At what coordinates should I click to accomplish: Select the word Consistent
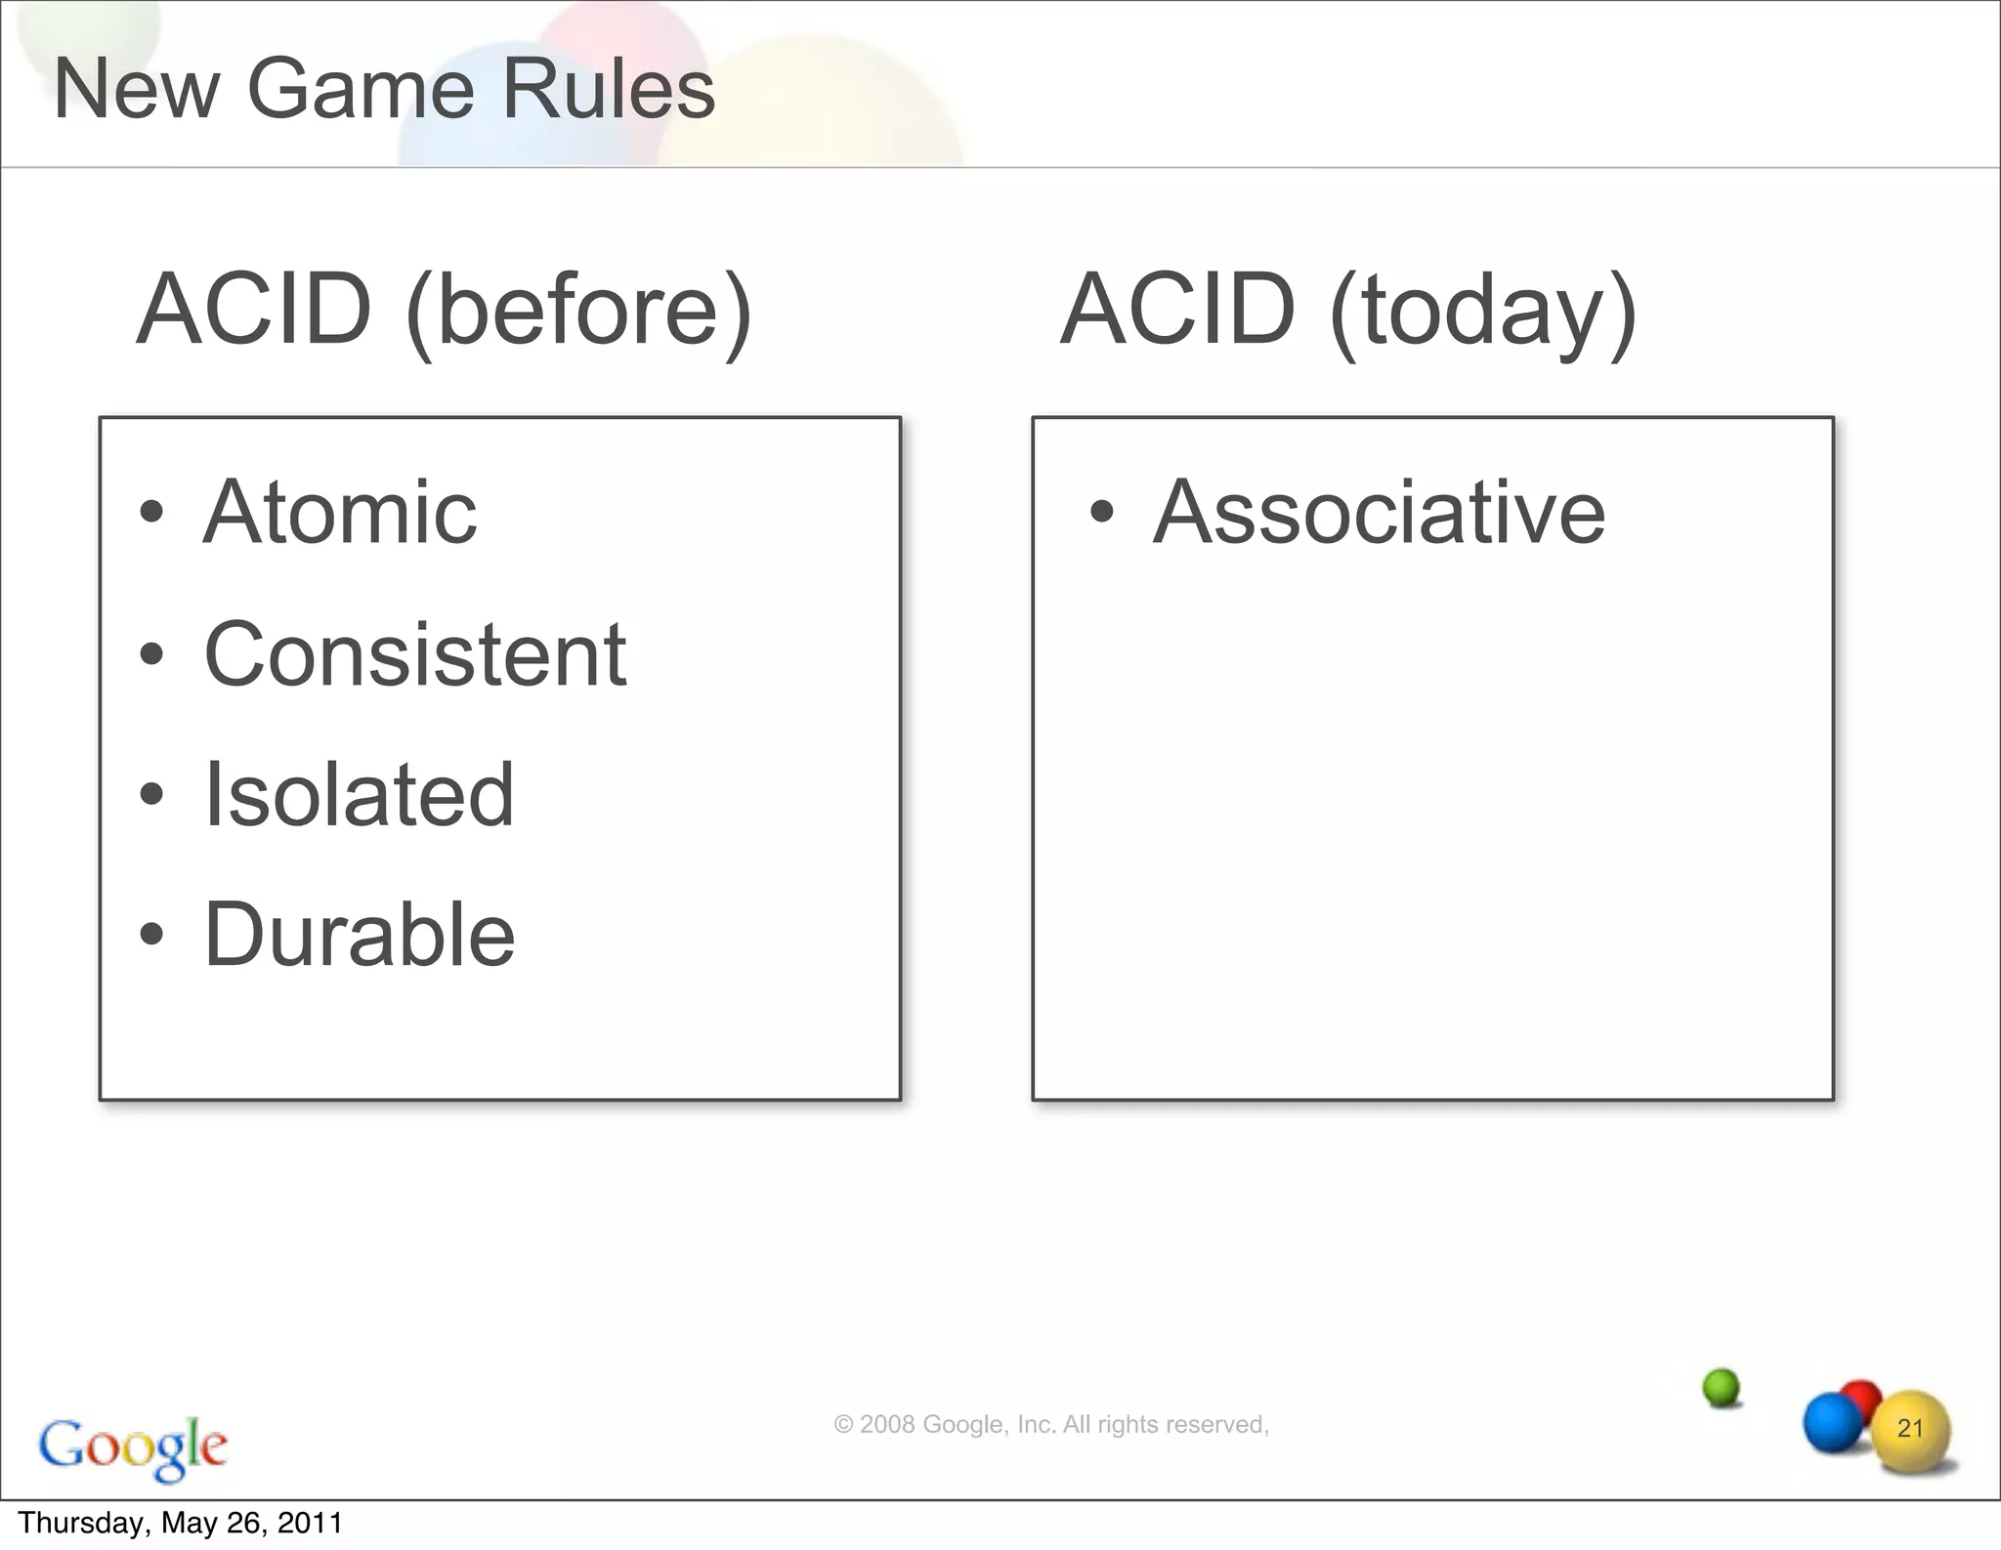(415, 654)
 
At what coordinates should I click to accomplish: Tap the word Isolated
(359, 795)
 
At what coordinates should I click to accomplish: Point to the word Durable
(360, 935)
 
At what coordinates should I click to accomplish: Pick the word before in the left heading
(578, 311)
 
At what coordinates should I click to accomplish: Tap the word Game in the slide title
(361, 90)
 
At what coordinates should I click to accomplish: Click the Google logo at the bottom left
(133, 1447)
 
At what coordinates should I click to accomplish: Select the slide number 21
(1910, 1429)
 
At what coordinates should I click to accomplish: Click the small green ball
(1721, 1387)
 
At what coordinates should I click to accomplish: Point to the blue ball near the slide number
(1831, 1422)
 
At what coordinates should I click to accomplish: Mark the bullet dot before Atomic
(151, 512)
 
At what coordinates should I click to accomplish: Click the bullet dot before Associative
(1101, 512)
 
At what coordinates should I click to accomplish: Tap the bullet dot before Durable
(151, 935)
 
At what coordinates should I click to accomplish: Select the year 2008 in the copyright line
(887, 1425)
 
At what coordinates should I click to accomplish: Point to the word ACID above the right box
(1178, 311)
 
